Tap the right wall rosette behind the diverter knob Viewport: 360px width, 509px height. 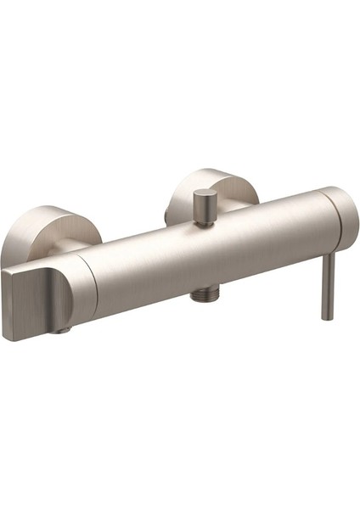(x=222, y=189)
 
